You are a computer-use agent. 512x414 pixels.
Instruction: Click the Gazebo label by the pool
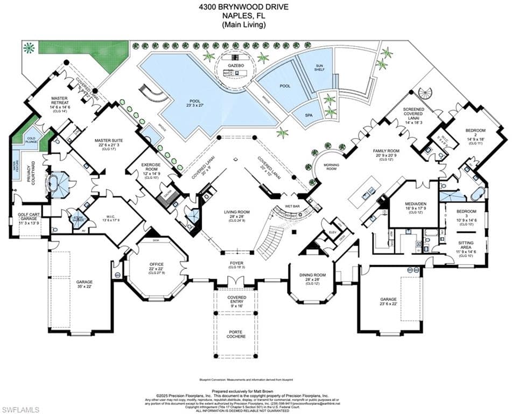pyautogui.click(x=236, y=65)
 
